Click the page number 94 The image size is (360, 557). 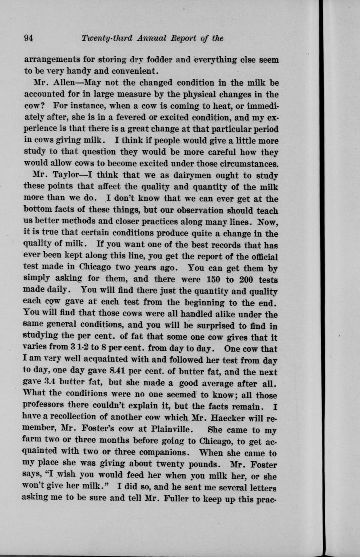pos(28,38)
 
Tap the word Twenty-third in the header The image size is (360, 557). pos(101,38)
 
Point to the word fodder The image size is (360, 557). pos(160,60)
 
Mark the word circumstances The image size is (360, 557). pos(246,164)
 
